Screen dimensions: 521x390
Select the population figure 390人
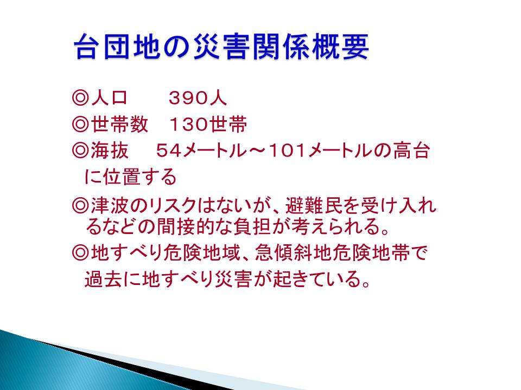click(198, 98)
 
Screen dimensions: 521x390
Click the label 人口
click(109, 98)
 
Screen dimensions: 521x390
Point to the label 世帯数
click(119, 125)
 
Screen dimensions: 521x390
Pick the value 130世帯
click(208, 125)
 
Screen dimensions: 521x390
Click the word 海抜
click(109, 151)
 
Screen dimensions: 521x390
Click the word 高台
click(411, 151)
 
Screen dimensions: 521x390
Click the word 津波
click(110, 206)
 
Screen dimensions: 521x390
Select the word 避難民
click(314, 206)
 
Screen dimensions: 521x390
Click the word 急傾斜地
click(294, 253)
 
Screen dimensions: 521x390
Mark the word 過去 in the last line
click(103, 279)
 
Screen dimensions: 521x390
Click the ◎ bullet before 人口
click(80, 98)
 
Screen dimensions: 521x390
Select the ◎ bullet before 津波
click(80, 206)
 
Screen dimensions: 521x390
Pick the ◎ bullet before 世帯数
click(80, 125)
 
